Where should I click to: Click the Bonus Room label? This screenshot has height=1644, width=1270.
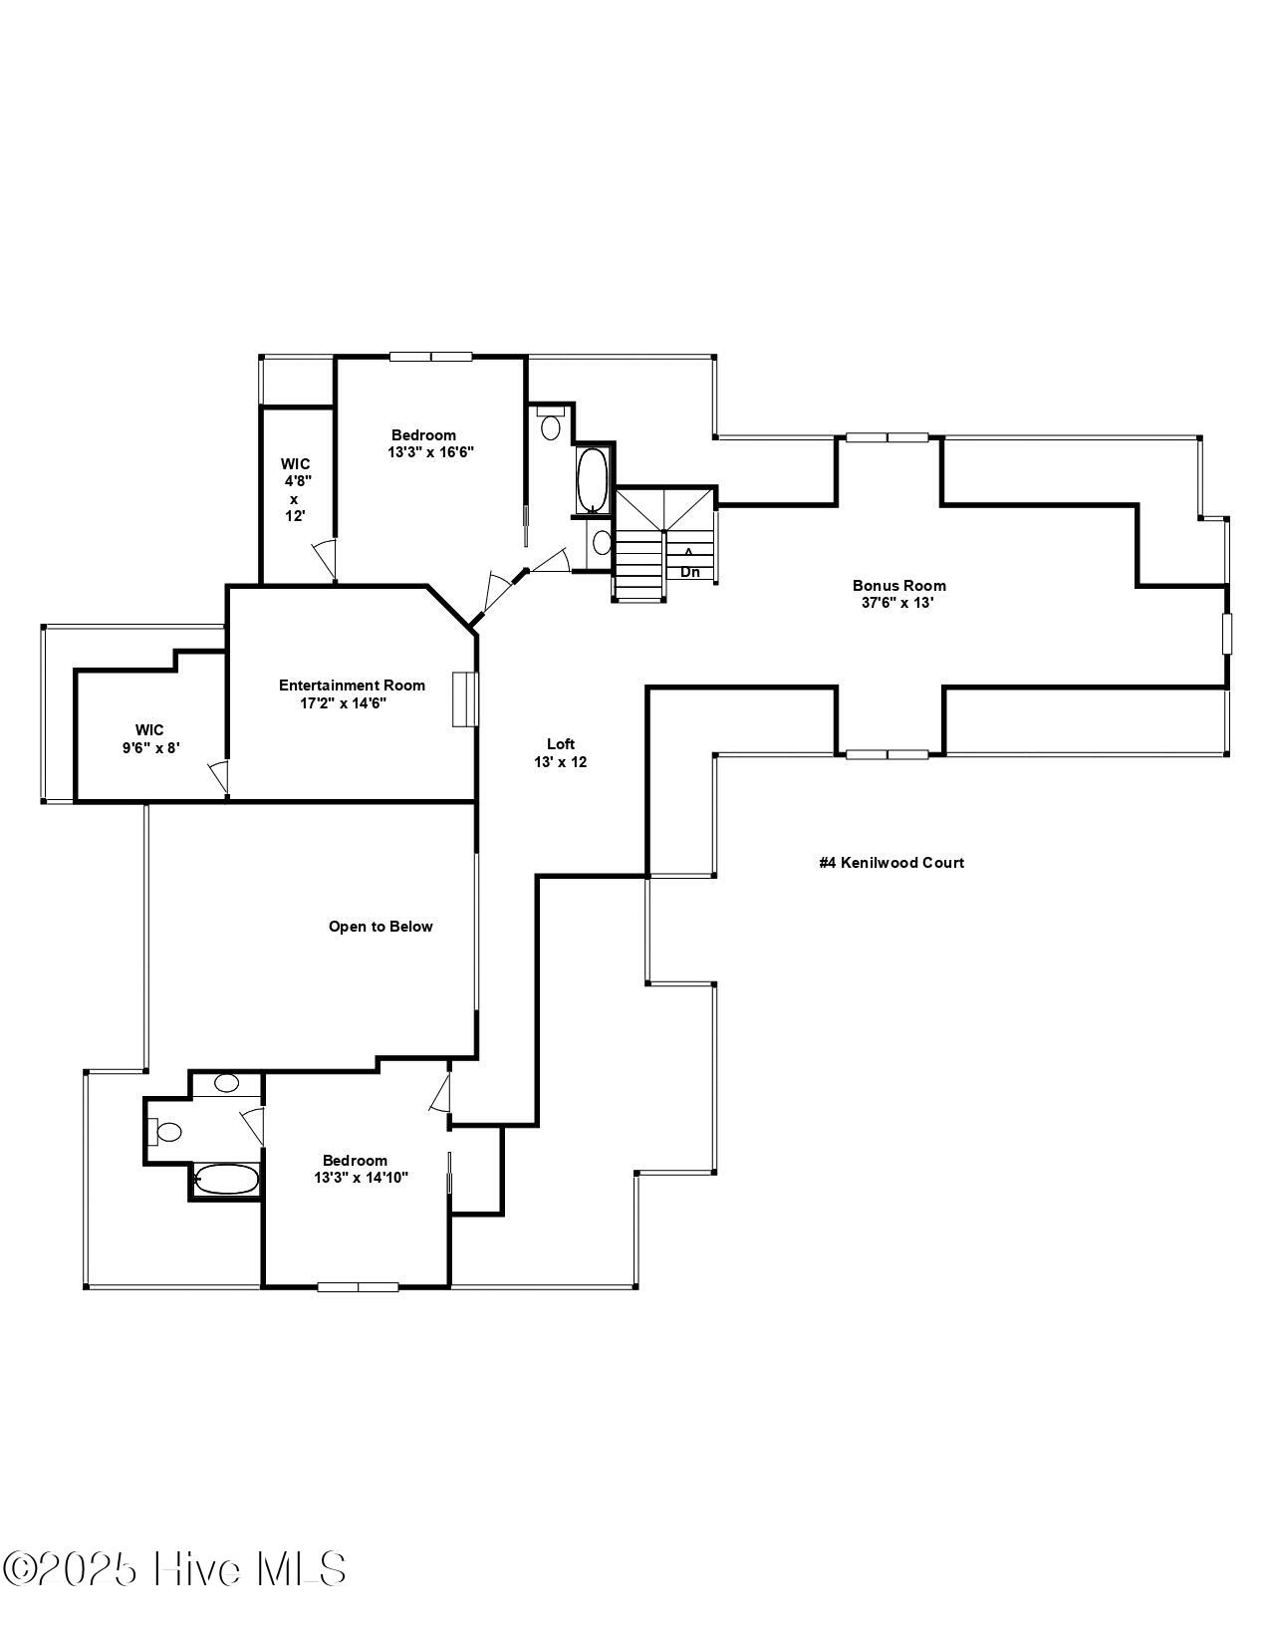(x=898, y=586)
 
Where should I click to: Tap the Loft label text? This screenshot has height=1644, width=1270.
(x=561, y=743)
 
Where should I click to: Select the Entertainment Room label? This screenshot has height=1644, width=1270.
(x=352, y=685)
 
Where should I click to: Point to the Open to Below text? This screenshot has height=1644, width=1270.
(x=381, y=927)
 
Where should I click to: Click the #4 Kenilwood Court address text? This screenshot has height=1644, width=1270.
(x=891, y=863)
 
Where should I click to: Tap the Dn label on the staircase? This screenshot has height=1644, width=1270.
(x=690, y=572)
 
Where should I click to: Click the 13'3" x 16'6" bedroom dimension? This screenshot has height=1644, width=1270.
(x=431, y=452)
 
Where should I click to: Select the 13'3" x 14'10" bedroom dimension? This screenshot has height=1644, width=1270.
(x=362, y=1178)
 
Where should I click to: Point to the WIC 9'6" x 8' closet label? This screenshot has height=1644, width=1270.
(x=149, y=739)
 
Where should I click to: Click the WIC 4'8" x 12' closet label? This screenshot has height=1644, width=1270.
(x=295, y=489)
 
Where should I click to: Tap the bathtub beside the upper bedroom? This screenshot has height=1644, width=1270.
(x=593, y=480)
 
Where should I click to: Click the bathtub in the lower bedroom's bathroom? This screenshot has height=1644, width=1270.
(x=226, y=1179)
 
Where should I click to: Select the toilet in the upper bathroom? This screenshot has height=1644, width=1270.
(x=550, y=423)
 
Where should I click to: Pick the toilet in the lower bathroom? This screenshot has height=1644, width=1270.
(x=164, y=1132)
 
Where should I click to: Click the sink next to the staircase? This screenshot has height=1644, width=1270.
(x=602, y=542)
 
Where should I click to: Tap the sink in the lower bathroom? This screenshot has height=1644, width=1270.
(x=226, y=1083)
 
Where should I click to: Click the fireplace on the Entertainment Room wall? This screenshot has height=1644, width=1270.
(x=464, y=699)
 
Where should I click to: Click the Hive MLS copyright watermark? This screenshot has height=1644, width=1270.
(x=174, y=1570)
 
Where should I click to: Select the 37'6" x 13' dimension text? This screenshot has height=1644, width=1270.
(x=898, y=603)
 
